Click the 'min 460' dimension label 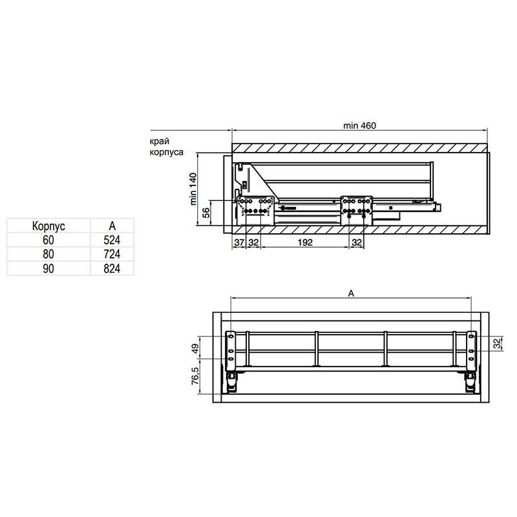tap(359, 125)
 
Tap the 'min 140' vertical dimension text tap(193, 189)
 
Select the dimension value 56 tap(206, 213)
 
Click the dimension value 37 tap(239, 242)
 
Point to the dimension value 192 tap(305, 242)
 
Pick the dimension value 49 tap(195, 348)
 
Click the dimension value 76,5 tap(195, 376)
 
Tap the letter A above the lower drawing tap(351, 293)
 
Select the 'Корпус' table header tap(48, 226)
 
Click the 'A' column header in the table tap(112, 226)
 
